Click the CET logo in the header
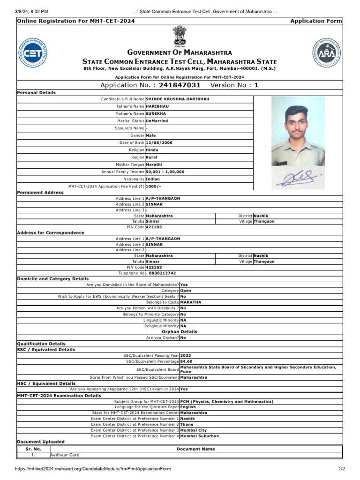tap(33, 52)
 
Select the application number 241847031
tap(180, 85)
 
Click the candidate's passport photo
tap(298, 131)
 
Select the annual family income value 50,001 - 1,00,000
tap(165, 172)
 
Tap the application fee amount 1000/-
tap(154, 186)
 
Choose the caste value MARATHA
tap(191, 302)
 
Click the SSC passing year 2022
tap(186, 355)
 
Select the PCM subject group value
tap(226, 402)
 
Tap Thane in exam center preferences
tap(187, 424)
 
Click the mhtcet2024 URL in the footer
tap(93, 469)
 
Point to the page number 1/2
tap(341, 469)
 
